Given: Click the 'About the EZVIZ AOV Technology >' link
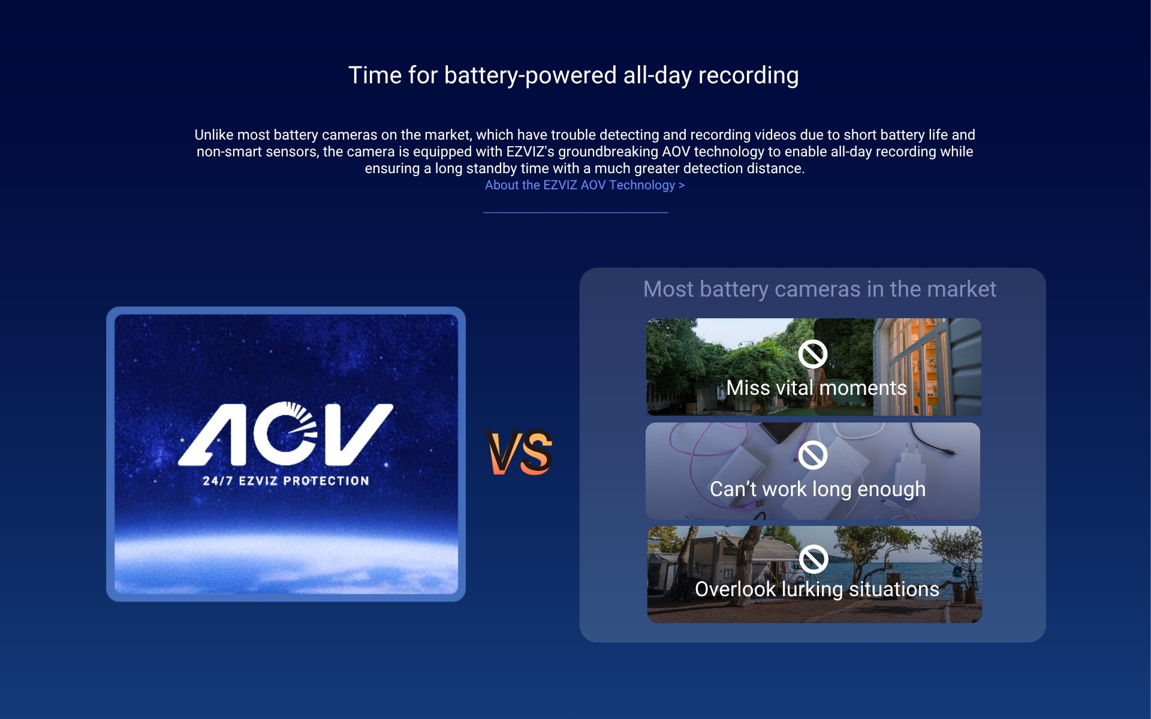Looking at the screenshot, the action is point(584,185).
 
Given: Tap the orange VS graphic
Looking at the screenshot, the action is point(519,452).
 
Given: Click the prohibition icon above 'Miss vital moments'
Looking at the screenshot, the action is point(813,354).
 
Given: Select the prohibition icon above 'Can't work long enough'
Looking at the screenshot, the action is point(813,455).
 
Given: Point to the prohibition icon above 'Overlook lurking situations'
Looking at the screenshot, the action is point(813,559).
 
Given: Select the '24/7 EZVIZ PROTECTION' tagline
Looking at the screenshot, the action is point(286,481).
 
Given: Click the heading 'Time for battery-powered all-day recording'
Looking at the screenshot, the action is point(574,75).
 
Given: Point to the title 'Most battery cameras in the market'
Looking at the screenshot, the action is point(819,289).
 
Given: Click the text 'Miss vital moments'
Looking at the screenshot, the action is point(816,388).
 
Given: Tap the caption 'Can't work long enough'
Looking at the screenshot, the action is point(818,489).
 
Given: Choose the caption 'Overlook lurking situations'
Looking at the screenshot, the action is point(817,589).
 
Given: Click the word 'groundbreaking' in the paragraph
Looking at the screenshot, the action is point(608,152).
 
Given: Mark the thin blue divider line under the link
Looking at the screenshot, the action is point(575,212).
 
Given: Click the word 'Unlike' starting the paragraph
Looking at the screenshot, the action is point(214,135).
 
